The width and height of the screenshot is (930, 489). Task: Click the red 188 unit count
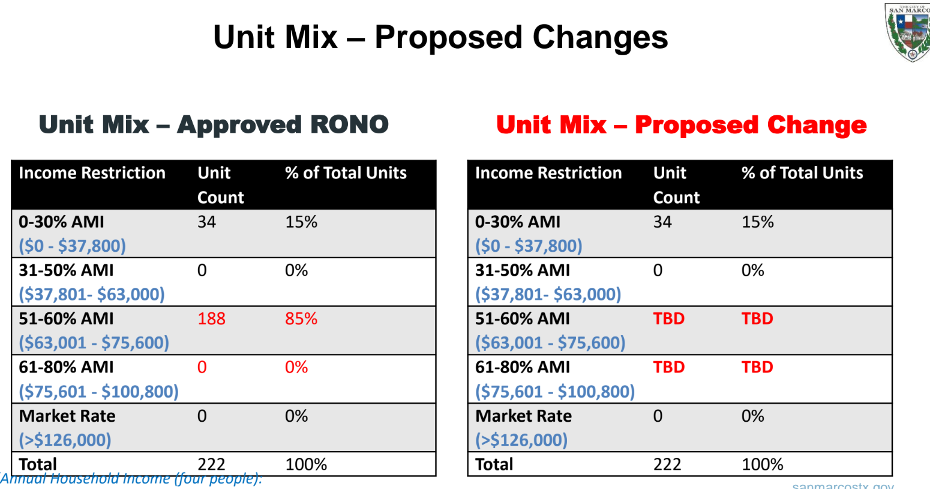click(211, 318)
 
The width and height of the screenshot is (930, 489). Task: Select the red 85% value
click(301, 318)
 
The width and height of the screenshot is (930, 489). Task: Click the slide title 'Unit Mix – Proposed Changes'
click(440, 37)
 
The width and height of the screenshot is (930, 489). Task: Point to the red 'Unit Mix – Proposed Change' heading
click(681, 125)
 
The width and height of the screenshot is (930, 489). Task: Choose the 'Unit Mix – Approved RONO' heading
click(214, 125)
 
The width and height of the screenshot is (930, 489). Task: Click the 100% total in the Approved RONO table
click(306, 464)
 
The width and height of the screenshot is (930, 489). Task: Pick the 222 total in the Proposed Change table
click(667, 464)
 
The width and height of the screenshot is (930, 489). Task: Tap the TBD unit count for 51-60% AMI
click(668, 318)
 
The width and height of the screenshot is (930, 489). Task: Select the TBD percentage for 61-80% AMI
click(757, 367)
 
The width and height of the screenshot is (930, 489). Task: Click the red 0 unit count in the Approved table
click(202, 367)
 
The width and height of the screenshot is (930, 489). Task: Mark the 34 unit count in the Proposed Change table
click(662, 222)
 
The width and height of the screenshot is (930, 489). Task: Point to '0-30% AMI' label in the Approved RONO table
click(61, 222)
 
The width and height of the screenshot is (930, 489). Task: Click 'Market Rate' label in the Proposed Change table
click(523, 416)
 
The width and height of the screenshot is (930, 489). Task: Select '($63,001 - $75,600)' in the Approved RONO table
click(94, 343)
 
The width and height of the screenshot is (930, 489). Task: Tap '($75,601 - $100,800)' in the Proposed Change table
click(554, 392)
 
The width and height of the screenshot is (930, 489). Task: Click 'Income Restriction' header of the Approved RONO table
click(92, 173)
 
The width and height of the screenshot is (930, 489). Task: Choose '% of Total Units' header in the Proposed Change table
click(802, 173)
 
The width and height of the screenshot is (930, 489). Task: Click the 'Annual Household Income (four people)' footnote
click(131, 479)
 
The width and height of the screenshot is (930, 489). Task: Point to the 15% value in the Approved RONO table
click(301, 222)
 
